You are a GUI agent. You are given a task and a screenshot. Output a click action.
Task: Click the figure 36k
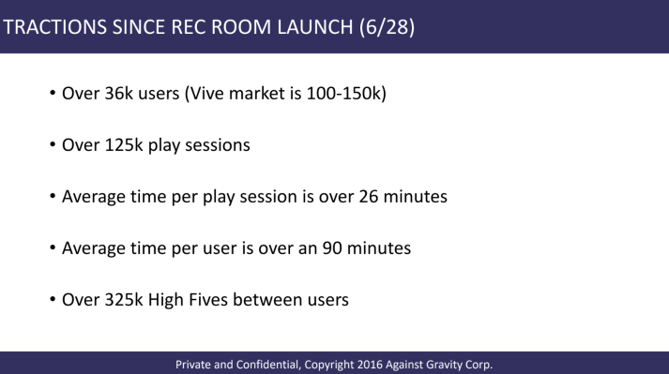pos(118,95)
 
